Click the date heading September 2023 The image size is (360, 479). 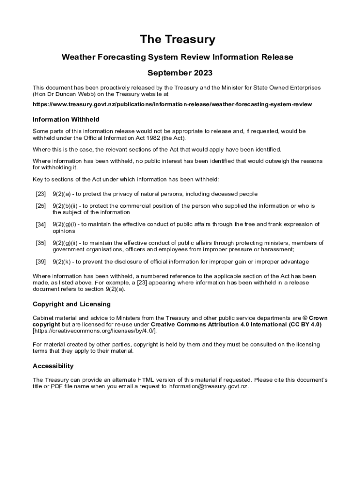coord(180,73)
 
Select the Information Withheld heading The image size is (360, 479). coord(66,119)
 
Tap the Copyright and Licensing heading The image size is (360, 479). coord(72,304)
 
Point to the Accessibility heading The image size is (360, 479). coord(53,366)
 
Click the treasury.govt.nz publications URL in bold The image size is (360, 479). coord(172,104)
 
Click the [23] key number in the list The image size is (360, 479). coord(41,194)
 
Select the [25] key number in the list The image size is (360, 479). coord(41,206)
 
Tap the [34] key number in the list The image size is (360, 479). coord(41,225)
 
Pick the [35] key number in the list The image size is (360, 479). coord(41,243)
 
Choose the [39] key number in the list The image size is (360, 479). coord(41,261)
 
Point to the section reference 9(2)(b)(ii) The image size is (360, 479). coord(66,206)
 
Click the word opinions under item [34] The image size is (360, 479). coord(64,231)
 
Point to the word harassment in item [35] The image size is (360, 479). coord(278,250)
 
